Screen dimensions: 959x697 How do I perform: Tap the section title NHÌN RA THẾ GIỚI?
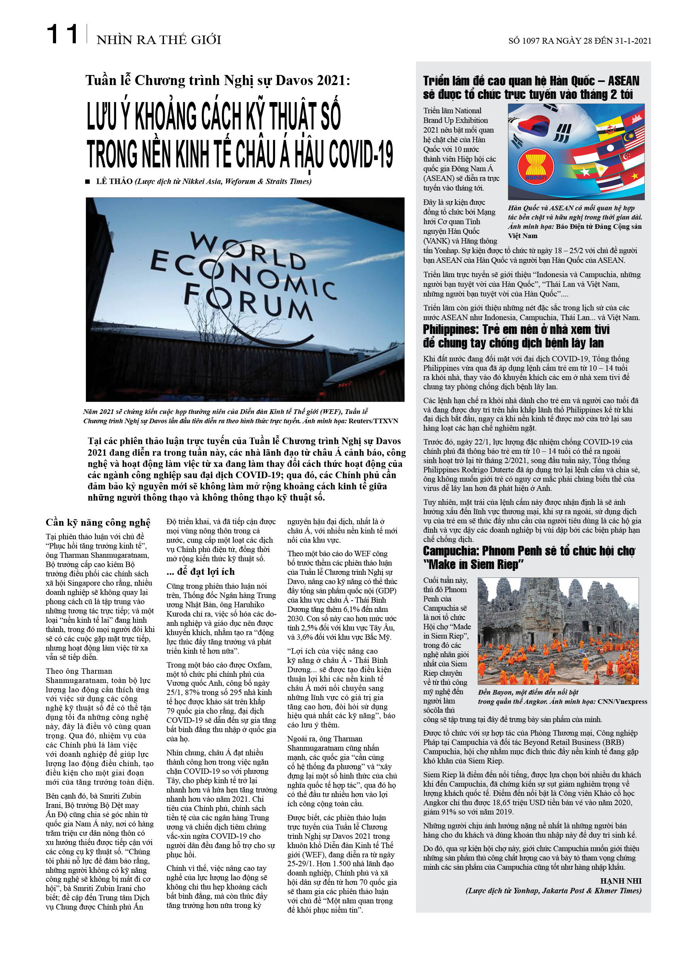pyautogui.click(x=159, y=40)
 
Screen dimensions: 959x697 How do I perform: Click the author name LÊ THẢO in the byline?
pyautogui.click(x=114, y=181)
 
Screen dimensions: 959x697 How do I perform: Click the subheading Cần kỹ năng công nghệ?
pyautogui.click(x=98, y=523)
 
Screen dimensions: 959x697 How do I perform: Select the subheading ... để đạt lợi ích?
pyautogui.click(x=201, y=572)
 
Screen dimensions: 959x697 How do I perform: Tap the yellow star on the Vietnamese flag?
pyautogui.click(x=634, y=175)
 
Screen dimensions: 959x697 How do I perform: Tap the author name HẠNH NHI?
pyautogui.click(x=620, y=881)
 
